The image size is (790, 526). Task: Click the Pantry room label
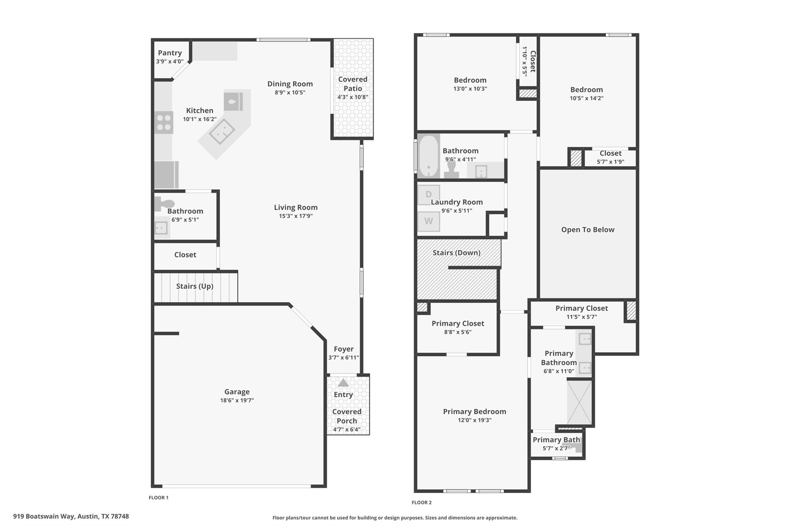(170, 53)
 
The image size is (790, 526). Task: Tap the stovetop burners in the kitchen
(164, 123)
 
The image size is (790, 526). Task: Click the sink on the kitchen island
(222, 132)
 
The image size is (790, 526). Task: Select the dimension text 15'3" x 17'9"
(295, 216)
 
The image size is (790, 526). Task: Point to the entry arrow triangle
(343, 383)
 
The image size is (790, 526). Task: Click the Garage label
(237, 392)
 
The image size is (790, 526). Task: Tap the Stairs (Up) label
(194, 286)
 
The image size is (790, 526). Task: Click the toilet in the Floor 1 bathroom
(164, 203)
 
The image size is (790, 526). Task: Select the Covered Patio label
(353, 84)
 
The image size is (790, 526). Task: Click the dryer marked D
(429, 195)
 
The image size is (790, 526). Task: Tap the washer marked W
(429, 221)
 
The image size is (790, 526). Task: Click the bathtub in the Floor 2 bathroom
(428, 156)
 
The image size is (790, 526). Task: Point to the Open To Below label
(587, 229)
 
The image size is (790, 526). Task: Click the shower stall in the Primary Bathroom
(579, 402)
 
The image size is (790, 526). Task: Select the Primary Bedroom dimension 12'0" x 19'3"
(474, 420)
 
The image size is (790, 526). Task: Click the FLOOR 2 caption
(421, 502)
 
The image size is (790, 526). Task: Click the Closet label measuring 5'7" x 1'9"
(610, 153)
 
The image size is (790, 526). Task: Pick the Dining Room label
(290, 84)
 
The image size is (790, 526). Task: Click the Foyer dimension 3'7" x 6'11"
(343, 358)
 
